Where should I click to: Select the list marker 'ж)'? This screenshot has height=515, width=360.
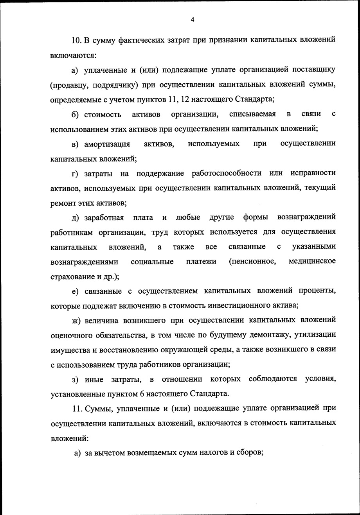[x=76, y=320]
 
